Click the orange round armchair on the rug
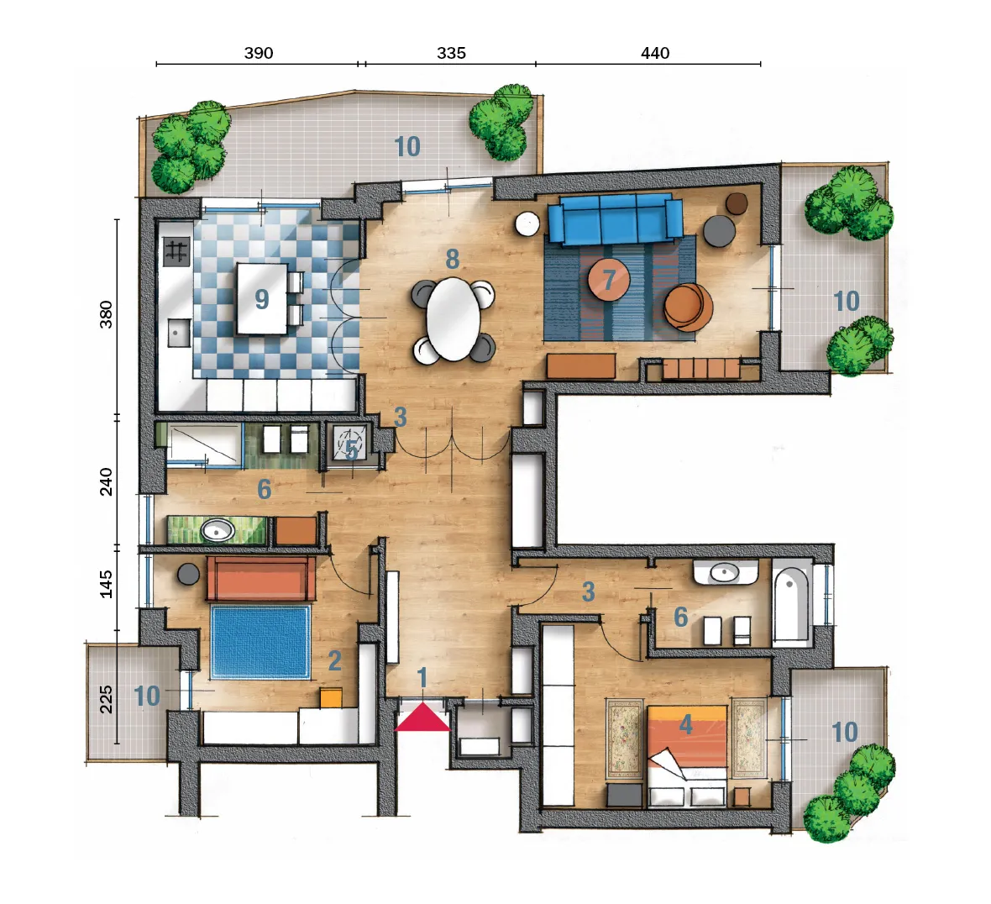[x=688, y=307]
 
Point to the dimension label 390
[x=259, y=53]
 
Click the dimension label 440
[x=655, y=53]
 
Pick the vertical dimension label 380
[x=106, y=314]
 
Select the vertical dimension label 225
[x=106, y=699]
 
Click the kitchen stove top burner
[x=176, y=251]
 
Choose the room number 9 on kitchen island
[x=262, y=299]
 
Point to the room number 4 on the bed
[x=686, y=724]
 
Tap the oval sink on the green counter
[x=218, y=531]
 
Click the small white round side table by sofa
[x=527, y=223]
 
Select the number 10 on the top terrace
[x=407, y=147]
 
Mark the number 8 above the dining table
[x=452, y=260]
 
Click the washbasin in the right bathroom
[x=725, y=573]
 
